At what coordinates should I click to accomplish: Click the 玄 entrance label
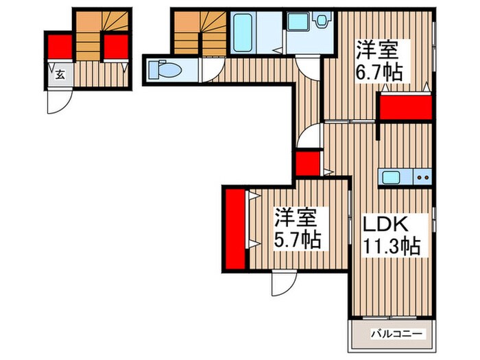[59, 75]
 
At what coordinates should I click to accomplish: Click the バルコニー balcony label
[392, 335]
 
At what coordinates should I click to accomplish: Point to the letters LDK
[385, 224]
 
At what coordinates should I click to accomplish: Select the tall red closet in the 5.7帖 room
[235, 230]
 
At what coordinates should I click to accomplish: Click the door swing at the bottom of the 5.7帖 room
[282, 282]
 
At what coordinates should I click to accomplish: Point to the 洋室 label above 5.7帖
[296, 219]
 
